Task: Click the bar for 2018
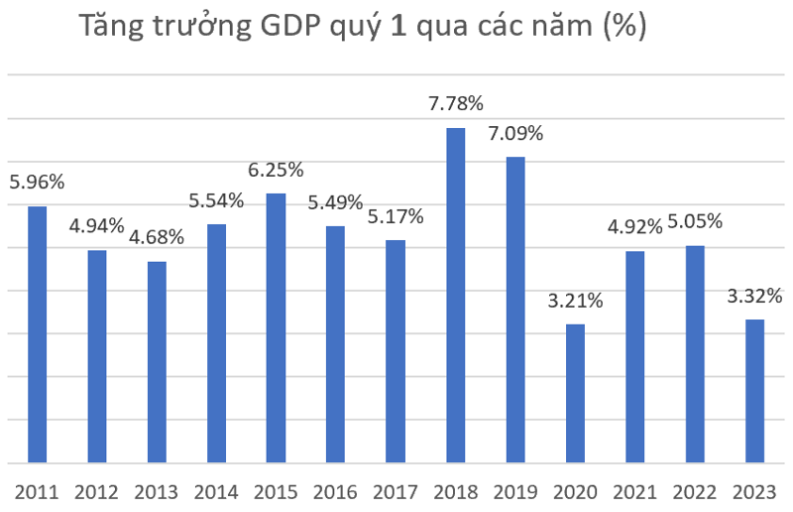tap(455, 296)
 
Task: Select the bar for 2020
tap(575, 393)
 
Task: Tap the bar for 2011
tap(38, 334)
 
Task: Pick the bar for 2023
tap(754, 391)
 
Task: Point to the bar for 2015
tap(276, 327)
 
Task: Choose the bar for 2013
tap(157, 362)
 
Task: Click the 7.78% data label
tap(455, 103)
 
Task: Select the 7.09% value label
tap(515, 133)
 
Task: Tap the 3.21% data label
tap(575, 300)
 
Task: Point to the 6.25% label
tap(276, 170)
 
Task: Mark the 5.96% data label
tap(37, 182)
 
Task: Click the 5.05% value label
tap(695, 221)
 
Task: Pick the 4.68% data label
tap(157, 238)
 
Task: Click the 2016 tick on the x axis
tap(336, 491)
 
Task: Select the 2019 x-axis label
tap(515, 491)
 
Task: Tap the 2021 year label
tap(634, 491)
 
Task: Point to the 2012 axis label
tap(97, 491)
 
